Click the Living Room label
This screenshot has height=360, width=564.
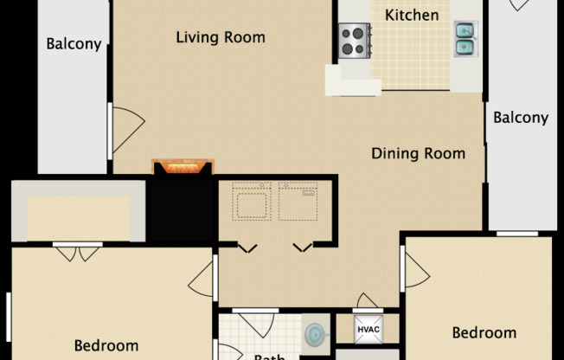(x=220, y=37)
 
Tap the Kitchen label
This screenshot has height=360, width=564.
(x=411, y=16)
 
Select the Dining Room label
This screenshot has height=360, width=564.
(x=418, y=154)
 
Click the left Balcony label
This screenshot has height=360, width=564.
(x=74, y=43)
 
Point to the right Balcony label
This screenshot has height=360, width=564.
(x=521, y=118)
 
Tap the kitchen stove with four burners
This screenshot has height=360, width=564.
(x=354, y=40)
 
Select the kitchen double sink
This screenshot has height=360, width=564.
(x=465, y=37)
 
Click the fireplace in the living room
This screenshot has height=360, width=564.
(x=182, y=167)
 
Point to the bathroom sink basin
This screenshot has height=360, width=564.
(x=316, y=333)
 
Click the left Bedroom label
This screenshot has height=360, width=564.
(x=106, y=345)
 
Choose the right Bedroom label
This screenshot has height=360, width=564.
(x=484, y=332)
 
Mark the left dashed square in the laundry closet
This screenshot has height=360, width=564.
(x=252, y=202)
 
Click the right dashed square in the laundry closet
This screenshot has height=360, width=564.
(x=297, y=202)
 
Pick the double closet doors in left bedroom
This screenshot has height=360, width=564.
(x=78, y=254)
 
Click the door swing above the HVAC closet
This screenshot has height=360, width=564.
(x=368, y=302)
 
